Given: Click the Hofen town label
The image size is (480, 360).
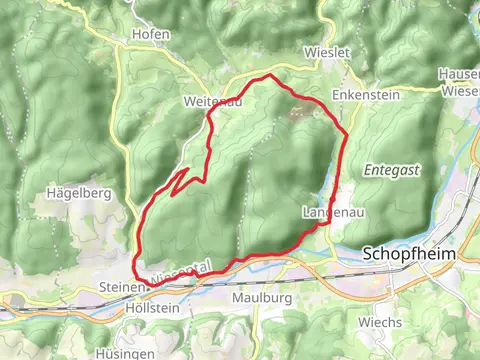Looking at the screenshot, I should (x=151, y=34).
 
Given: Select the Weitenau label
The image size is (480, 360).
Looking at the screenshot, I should (x=207, y=101).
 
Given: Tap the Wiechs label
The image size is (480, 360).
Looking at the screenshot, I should (x=383, y=322).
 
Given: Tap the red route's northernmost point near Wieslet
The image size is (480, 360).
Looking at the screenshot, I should (x=265, y=76).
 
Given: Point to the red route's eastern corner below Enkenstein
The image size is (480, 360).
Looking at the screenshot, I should (x=345, y=132).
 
